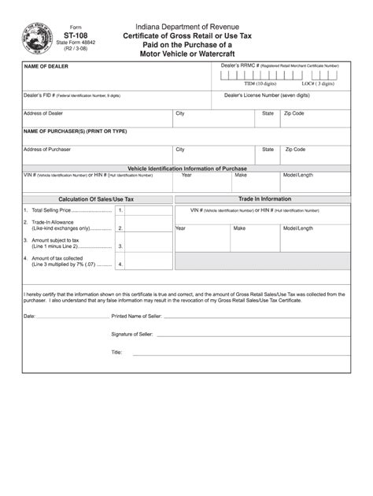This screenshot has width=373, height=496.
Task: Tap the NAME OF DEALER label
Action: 46,67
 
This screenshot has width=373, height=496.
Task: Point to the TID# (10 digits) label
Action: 260,83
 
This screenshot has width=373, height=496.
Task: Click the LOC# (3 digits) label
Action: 318,83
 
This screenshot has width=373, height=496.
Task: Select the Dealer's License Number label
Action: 267,95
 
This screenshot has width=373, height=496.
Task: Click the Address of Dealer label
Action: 43,113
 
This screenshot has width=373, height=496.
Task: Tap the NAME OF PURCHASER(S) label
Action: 75,131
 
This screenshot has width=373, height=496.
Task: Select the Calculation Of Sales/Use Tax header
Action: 96,199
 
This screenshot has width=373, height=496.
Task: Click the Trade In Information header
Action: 264,199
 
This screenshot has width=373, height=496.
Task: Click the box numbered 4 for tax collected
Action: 120,265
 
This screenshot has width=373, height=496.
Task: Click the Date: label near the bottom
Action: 30,316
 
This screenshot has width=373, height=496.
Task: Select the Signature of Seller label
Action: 131,335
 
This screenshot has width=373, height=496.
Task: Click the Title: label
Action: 116,353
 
